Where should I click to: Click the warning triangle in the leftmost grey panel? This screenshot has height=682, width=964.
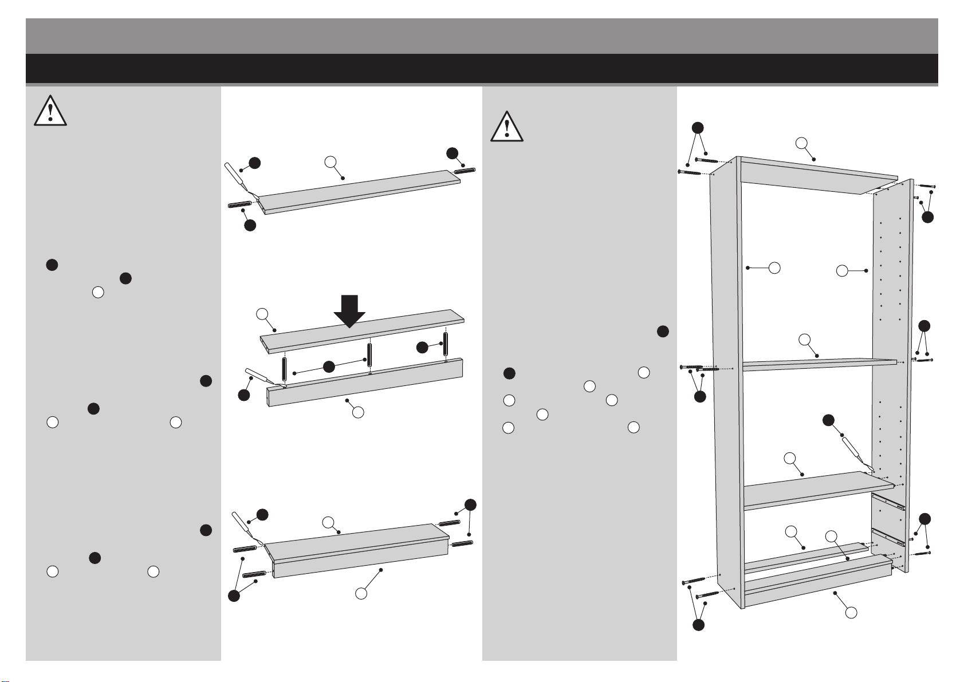coord(50,111)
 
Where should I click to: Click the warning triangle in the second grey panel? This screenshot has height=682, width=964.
coord(507,127)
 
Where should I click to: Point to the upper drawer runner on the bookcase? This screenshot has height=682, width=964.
coord(888,503)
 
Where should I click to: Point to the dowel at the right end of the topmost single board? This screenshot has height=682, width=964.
coord(465,170)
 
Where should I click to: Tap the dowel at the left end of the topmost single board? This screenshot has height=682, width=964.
coord(242,204)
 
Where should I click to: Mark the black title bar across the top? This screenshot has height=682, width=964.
coord(481,69)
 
